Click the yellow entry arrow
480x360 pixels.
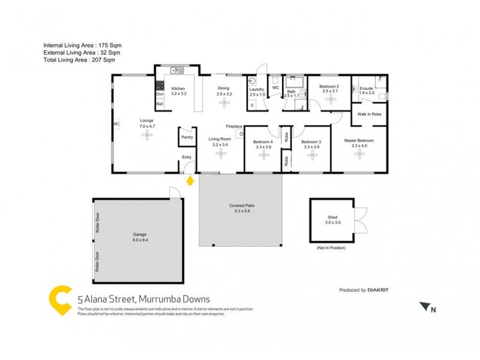pos(190,179)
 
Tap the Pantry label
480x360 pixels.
pos(187,137)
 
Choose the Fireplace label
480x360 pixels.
pos(234,127)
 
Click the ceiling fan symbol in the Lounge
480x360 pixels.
pos(147,136)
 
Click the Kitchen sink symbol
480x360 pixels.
pos(177,71)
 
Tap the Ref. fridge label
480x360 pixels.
pos(160,104)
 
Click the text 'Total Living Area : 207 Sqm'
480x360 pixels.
pos(79,60)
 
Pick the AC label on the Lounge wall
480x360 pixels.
pos(116,124)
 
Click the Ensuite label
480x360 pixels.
pos(367,89)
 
